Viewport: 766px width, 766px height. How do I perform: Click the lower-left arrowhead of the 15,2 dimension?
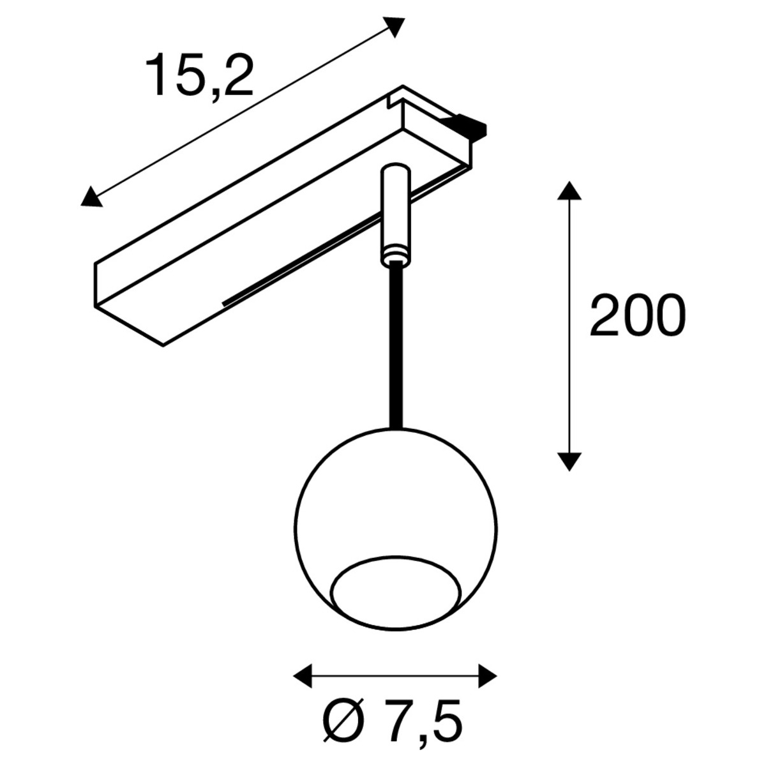coord(91,197)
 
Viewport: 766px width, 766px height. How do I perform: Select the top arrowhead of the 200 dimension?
coord(569,191)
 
